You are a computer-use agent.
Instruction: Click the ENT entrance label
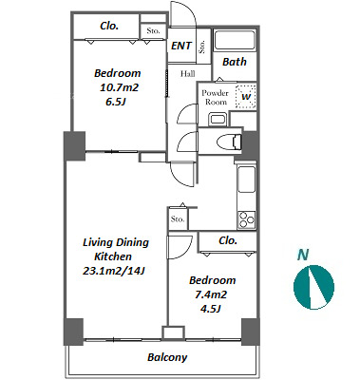coord(181,46)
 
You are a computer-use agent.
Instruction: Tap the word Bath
coord(235,62)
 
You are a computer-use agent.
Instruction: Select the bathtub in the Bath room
coord(235,40)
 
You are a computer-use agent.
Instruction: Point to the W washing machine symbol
coord(246,97)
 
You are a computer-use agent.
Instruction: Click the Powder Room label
coord(216,98)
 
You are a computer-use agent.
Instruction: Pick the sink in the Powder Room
coord(218,120)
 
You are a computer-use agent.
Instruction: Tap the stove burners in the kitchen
coord(247,219)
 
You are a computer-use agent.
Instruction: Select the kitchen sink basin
coord(247,180)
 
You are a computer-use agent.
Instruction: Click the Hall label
coord(188,74)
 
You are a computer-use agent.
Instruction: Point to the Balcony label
coord(167,357)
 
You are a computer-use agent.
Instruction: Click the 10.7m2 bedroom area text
coord(120,87)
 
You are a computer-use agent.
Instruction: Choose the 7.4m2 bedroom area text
coord(211,294)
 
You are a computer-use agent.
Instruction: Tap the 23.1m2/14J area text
coord(114,271)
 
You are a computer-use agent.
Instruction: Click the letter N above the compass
coord(303,255)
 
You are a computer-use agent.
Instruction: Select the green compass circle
coord(313,287)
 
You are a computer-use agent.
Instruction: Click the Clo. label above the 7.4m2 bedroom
coord(228,240)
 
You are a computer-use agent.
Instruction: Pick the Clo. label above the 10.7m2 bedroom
coord(109,26)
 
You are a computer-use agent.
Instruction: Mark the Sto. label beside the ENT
coord(202,47)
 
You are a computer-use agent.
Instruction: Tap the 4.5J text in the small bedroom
coord(210,309)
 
